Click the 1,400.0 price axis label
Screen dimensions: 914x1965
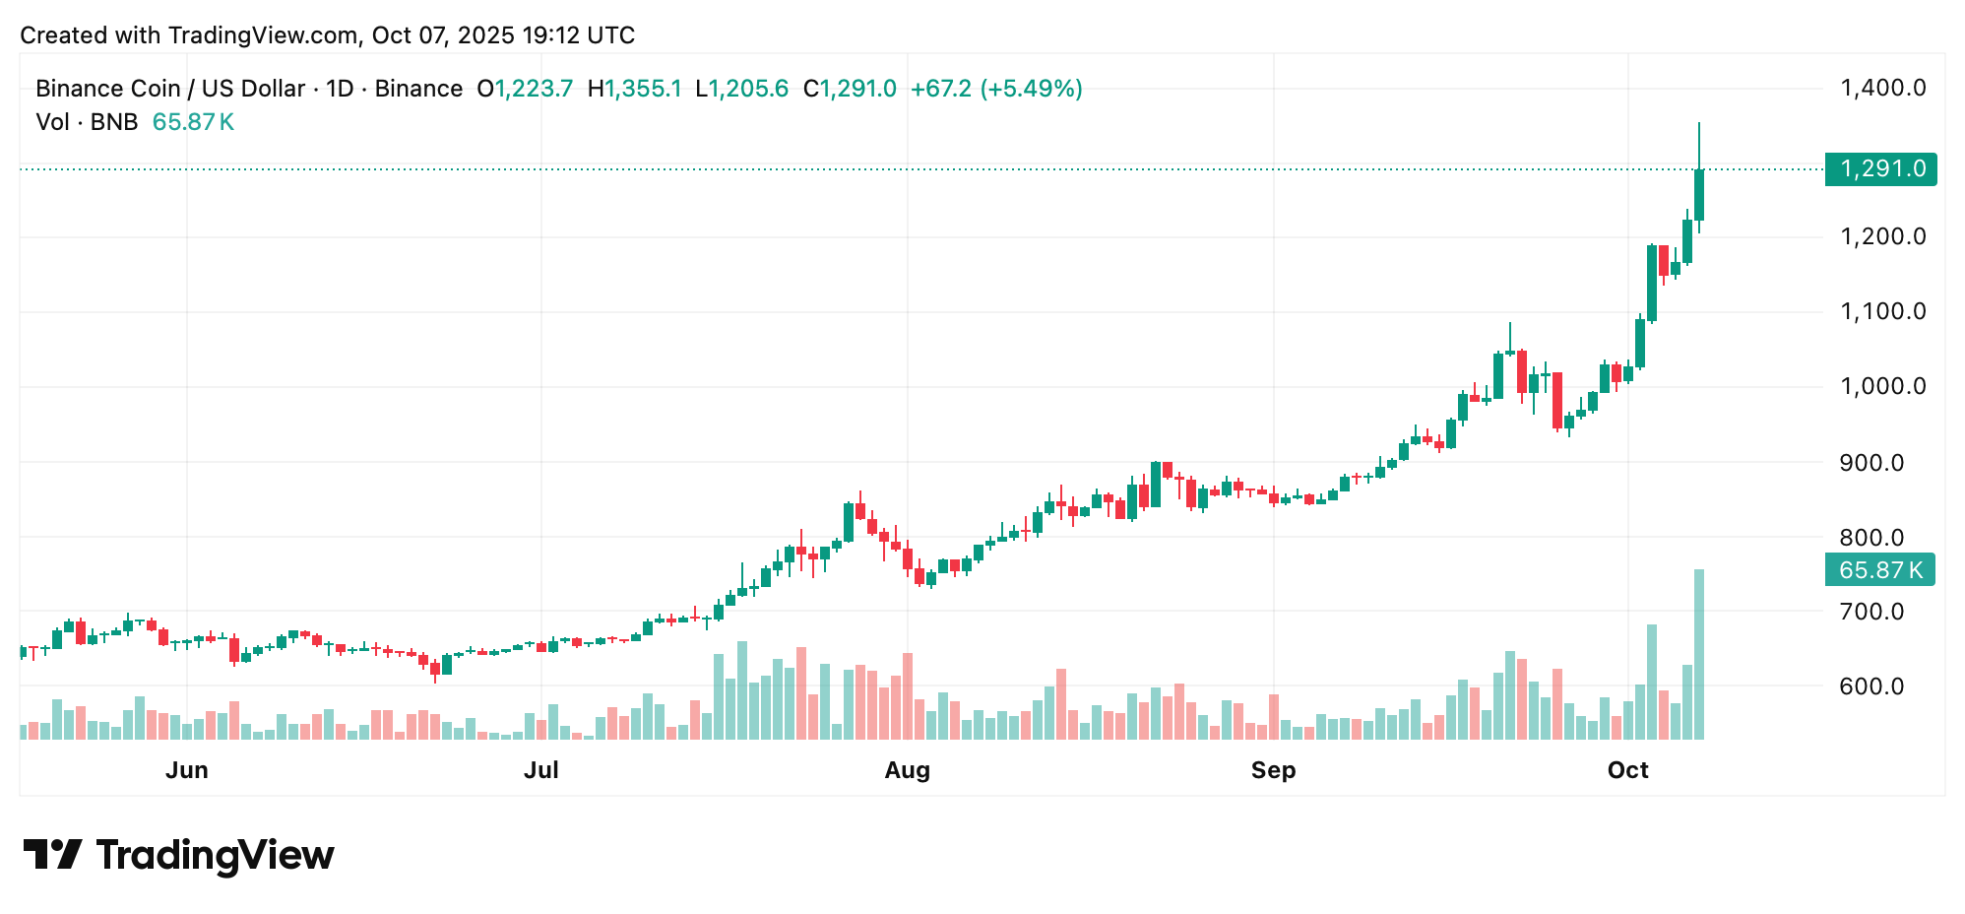pyautogui.click(x=1882, y=88)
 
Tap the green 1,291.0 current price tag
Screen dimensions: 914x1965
pyautogui.click(x=1880, y=168)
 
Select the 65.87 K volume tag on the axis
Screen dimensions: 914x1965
pyautogui.click(x=1879, y=570)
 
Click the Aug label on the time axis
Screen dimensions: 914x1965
pyautogui.click(x=907, y=770)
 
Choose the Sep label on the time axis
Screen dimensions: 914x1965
pyautogui.click(x=1273, y=770)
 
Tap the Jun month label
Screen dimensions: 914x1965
pyautogui.click(x=186, y=770)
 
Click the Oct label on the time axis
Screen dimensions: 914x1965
pyautogui.click(x=1627, y=770)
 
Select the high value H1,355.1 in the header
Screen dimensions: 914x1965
pyautogui.click(x=634, y=89)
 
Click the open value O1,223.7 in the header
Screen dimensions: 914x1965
pyautogui.click(x=525, y=89)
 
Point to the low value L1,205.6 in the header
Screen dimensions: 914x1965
pyautogui.click(x=741, y=89)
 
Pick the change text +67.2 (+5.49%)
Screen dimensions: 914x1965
pyautogui.click(x=996, y=89)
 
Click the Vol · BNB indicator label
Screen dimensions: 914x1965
pyautogui.click(x=87, y=122)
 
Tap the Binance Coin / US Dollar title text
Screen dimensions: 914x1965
pyautogui.click(x=169, y=89)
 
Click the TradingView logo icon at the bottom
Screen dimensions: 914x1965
pyautogui.click(x=52, y=854)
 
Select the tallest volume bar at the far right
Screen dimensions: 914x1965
pyautogui.click(x=1698, y=654)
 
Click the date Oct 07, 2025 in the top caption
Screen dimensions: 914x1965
pyautogui.click(x=443, y=35)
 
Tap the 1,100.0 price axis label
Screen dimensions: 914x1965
pyautogui.click(x=1882, y=311)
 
